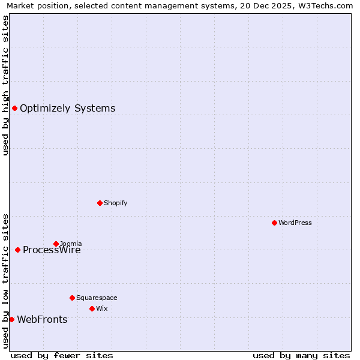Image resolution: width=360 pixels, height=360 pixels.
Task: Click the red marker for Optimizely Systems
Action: click(14, 108)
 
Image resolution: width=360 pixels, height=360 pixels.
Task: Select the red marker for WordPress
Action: click(274, 223)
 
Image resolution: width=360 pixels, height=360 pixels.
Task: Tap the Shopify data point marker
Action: click(100, 203)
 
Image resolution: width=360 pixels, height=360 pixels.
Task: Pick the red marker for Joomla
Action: click(56, 244)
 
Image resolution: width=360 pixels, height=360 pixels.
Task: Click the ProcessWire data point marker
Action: click(17, 250)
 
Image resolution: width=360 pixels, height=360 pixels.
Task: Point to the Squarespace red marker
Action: click(72, 298)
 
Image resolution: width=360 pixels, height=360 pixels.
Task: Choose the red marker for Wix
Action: click(92, 308)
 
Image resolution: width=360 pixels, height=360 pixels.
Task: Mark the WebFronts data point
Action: click(11, 319)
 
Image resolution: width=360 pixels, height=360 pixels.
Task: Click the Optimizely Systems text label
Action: click(67, 109)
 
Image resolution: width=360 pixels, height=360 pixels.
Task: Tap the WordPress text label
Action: click(295, 223)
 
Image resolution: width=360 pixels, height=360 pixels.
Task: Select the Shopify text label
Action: click(115, 203)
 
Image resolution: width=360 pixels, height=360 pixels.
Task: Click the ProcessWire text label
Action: click(52, 250)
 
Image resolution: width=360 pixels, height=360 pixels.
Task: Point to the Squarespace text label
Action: click(97, 298)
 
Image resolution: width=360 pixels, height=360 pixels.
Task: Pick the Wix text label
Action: click(101, 309)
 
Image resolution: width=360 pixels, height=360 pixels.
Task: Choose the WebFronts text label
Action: click(42, 320)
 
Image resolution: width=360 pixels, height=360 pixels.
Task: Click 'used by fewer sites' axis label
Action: click(62, 355)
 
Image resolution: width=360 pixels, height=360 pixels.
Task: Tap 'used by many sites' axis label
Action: click(301, 355)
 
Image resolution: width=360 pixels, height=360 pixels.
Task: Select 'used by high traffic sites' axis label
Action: click(5, 85)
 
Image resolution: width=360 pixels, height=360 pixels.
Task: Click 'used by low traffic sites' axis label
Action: click(5, 281)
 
